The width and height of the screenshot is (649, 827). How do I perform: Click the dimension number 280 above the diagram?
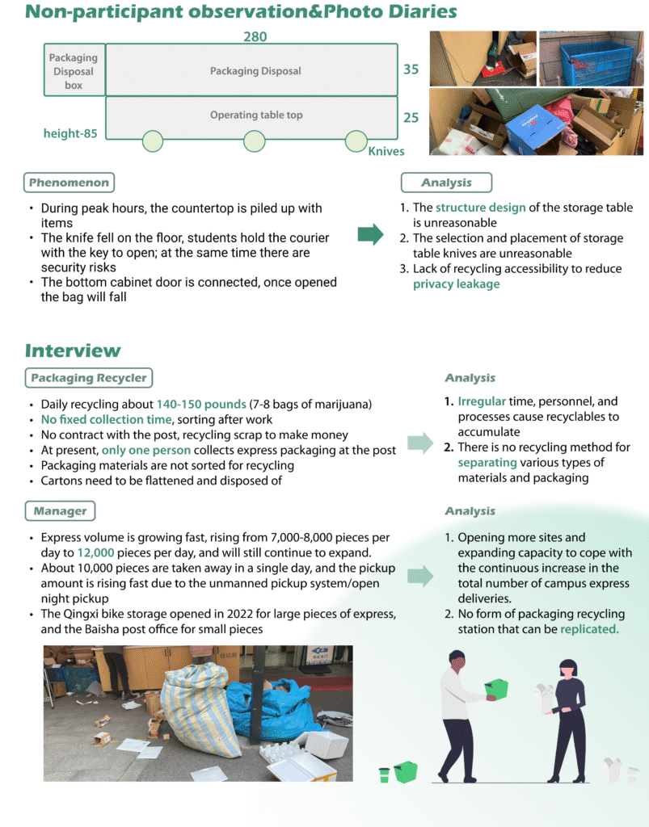[x=255, y=36]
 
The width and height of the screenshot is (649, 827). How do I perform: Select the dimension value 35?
[x=411, y=69]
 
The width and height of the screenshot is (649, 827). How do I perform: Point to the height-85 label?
[x=70, y=133]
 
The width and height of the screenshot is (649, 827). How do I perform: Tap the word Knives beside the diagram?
[x=386, y=151]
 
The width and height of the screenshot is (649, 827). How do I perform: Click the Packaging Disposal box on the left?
[x=74, y=71]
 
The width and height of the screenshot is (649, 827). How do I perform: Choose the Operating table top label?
[x=256, y=115]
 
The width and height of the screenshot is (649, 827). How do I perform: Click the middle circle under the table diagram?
[x=255, y=141]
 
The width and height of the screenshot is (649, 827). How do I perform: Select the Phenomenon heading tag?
[x=69, y=183]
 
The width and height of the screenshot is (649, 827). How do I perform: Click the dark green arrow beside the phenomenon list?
[x=370, y=235]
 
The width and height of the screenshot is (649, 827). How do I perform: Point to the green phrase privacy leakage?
[x=456, y=284]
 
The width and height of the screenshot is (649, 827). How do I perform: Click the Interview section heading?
[x=72, y=351]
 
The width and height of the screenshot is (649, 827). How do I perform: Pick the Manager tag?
[x=60, y=511]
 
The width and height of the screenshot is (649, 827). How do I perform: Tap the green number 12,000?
[x=95, y=553]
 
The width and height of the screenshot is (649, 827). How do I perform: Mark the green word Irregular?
[x=482, y=401]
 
